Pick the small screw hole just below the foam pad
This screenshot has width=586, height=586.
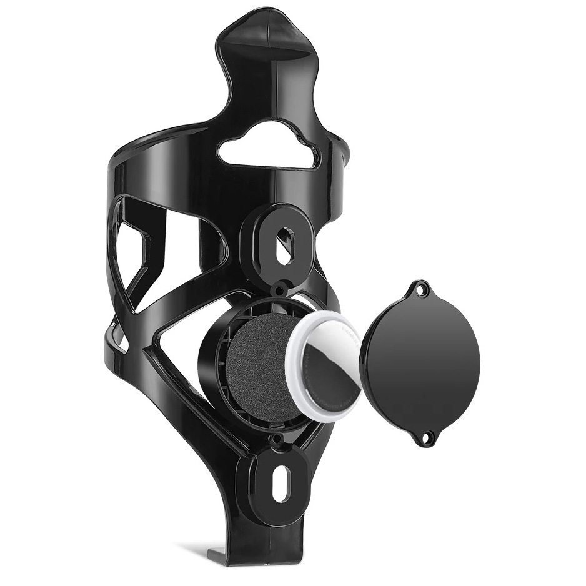[276, 446]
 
